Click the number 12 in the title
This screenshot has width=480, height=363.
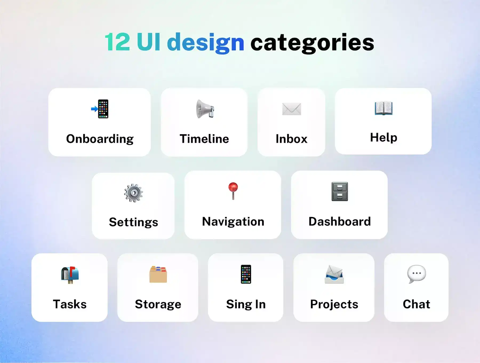pos(117,42)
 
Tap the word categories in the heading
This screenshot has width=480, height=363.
pos(312,43)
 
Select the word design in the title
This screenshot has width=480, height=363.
pos(206,43)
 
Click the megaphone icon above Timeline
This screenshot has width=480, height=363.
pos(205,109)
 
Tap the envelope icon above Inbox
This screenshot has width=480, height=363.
pos(291,109)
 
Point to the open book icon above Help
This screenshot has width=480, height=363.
pos(383,108)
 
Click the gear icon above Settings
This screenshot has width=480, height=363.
pos(133,193)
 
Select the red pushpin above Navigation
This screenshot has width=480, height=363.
pos(233,191)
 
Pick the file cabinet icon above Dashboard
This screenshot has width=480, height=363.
pos(340,191)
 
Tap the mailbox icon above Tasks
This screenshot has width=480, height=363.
pos(70,275)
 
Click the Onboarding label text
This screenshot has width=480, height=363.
pos(100,139)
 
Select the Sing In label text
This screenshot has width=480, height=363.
pos(246,305)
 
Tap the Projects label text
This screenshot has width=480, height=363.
pos(334,305)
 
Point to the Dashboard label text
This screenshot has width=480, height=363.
pos(340,222)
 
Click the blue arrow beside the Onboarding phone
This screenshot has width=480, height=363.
pos(94,109)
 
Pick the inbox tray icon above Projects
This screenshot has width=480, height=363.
pos(334,274)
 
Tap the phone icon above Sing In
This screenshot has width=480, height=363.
pos(246,274)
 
